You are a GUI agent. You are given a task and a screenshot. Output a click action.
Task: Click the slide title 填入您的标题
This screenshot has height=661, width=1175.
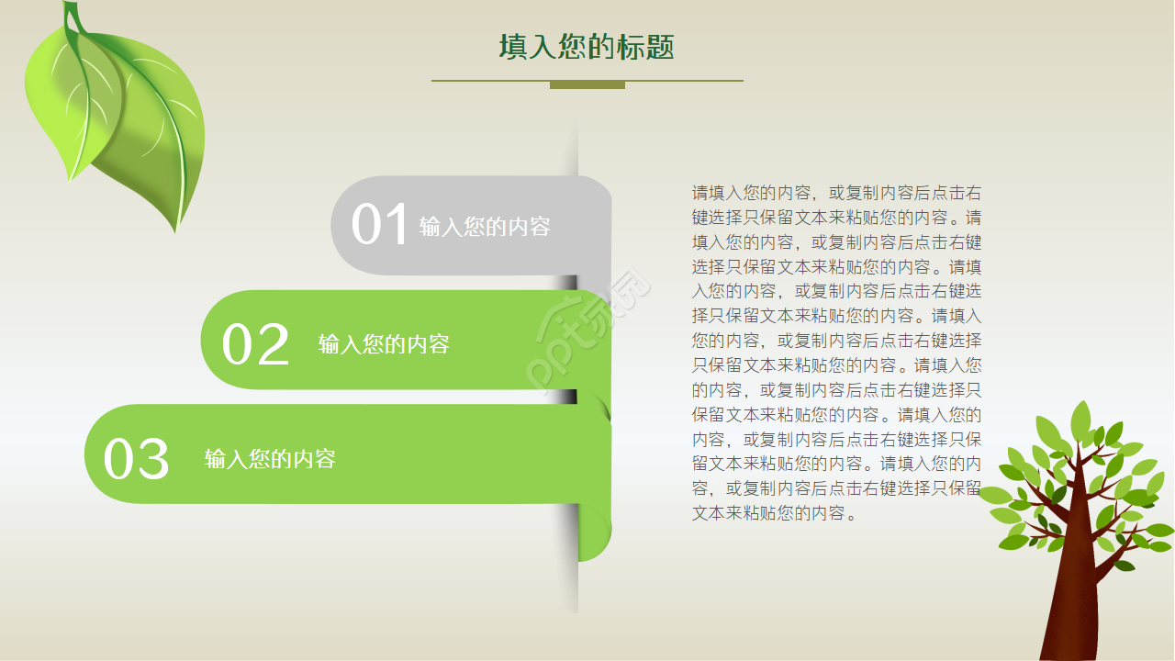coord(587,47)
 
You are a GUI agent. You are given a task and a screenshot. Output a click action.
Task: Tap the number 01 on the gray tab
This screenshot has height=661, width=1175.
coord(379,225)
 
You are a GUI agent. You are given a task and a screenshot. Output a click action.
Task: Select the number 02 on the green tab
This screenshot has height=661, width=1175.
coord(255,345)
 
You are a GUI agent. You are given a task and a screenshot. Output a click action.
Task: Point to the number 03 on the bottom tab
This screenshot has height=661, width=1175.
coord(137,459)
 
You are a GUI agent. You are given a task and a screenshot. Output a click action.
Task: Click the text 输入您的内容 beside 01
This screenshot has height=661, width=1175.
coord(485,227)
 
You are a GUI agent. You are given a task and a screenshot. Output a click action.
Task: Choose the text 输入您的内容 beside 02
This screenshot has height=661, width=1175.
coord(384,344)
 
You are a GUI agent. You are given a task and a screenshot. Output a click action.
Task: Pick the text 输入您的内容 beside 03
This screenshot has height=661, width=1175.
coord(270,459)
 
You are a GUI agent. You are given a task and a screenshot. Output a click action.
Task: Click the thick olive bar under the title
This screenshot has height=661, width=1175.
coord(587,85)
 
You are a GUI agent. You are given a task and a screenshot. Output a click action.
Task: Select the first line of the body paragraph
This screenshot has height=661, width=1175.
coord(836,194)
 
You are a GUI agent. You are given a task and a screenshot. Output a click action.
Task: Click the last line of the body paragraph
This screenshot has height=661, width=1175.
coord(774,513)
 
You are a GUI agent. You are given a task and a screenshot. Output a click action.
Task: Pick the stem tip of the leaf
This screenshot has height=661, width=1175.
coord(70,7)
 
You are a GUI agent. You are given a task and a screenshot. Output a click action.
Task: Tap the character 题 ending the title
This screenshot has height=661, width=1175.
coord(660,48)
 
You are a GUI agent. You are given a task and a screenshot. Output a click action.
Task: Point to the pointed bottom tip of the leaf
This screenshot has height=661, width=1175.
coord(174,230)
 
